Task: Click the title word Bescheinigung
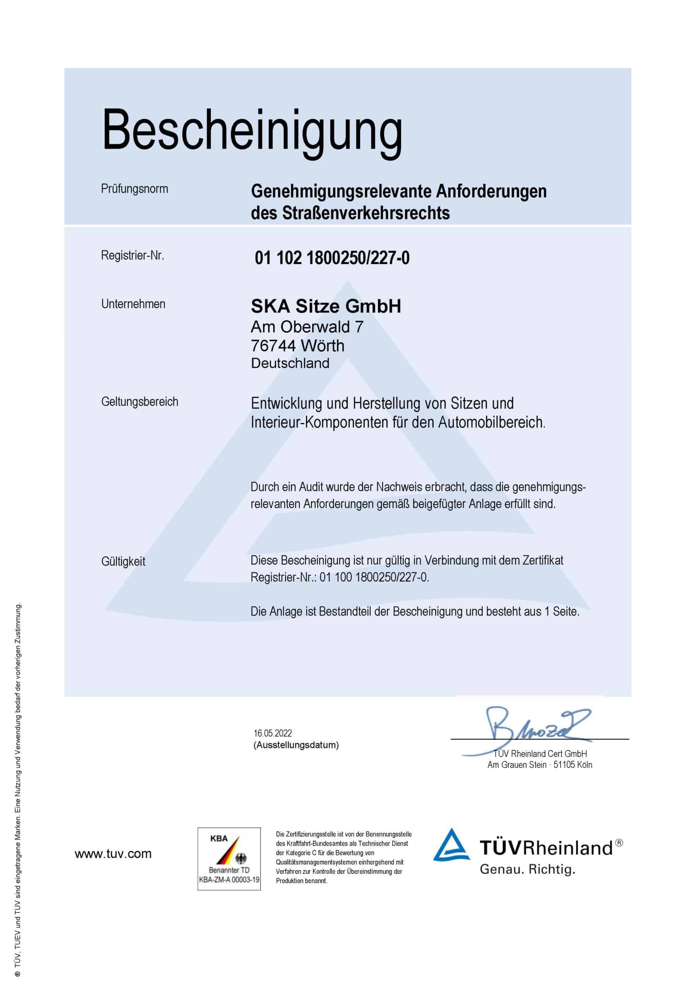point(252,131)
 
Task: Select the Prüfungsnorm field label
point(134,189)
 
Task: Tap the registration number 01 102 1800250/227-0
point(332,258)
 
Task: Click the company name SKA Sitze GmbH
point(326,306)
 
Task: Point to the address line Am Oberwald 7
point(307,327)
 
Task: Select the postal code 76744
point(273,346)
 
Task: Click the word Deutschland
point(290,363)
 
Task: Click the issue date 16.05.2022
point(273,733)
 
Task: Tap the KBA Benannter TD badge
point(229,859)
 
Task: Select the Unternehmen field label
point(133,304)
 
